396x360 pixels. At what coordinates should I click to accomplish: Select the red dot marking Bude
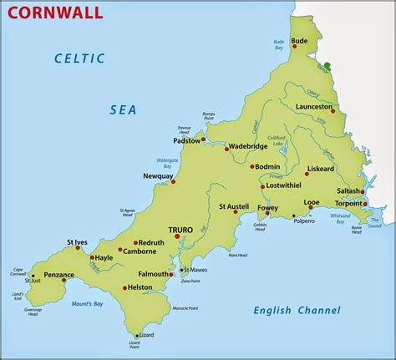(295, 47)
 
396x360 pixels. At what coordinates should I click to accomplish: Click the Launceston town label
(313, 106)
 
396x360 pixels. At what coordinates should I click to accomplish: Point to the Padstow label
(186, 141)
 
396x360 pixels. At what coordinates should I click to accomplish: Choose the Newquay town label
(157, 176)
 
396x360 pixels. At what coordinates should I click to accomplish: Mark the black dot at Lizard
(136, 335)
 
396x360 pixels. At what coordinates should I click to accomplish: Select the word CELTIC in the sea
(79, 58)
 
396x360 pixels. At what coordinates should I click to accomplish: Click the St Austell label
(234, 206)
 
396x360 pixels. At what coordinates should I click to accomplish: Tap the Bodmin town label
(267, 167)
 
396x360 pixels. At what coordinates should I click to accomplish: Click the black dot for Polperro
(293, 216)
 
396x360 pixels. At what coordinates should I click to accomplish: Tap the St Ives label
(77, 243)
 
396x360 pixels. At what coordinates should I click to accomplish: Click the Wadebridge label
(247, 146)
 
